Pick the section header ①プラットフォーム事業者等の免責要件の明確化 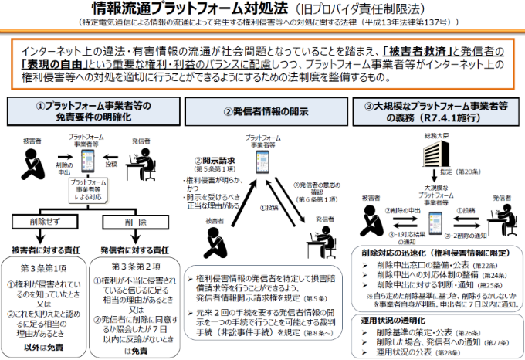(89, 111)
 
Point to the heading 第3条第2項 (134, 266)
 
